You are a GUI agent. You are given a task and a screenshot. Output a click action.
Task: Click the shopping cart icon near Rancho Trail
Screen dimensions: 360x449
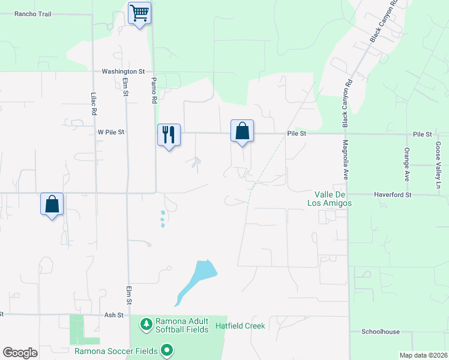coord(139,13)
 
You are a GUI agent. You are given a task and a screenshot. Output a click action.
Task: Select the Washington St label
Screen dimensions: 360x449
coord(123,71)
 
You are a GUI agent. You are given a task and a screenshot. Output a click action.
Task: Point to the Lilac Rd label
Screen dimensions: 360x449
coord(94,104)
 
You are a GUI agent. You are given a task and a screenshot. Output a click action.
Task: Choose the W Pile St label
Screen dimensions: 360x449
coord(110,131)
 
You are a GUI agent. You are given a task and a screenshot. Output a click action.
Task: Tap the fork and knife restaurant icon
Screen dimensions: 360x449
coord(169,134)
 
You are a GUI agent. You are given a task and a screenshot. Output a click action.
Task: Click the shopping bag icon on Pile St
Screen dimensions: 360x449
coord(243,131)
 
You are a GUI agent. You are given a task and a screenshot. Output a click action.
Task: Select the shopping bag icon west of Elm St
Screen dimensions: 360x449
coord(52,204)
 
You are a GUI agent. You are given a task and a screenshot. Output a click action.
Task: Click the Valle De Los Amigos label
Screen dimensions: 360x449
coord(333,199)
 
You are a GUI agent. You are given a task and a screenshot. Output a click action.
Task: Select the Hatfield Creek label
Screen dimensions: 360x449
coord(240,326)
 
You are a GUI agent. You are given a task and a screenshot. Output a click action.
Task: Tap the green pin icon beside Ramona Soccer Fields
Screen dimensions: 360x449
coord(167,350)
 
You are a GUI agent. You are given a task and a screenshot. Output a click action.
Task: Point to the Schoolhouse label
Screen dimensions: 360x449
coord(380,331)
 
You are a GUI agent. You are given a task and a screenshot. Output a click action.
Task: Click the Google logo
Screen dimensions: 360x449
coord(20,352)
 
